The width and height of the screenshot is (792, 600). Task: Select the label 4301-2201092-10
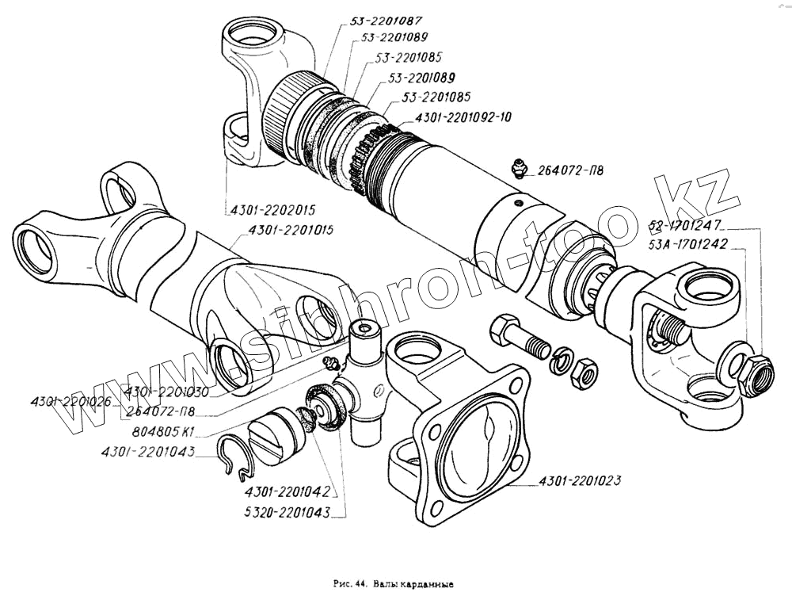point(459,117)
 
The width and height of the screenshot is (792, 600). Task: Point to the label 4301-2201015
point(291,230)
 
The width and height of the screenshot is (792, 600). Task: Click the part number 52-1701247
point(684,225)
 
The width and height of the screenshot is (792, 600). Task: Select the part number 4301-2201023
point(580,481)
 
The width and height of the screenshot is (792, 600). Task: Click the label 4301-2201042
point(287,491)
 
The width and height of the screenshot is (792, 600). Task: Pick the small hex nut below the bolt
point(584,372)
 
